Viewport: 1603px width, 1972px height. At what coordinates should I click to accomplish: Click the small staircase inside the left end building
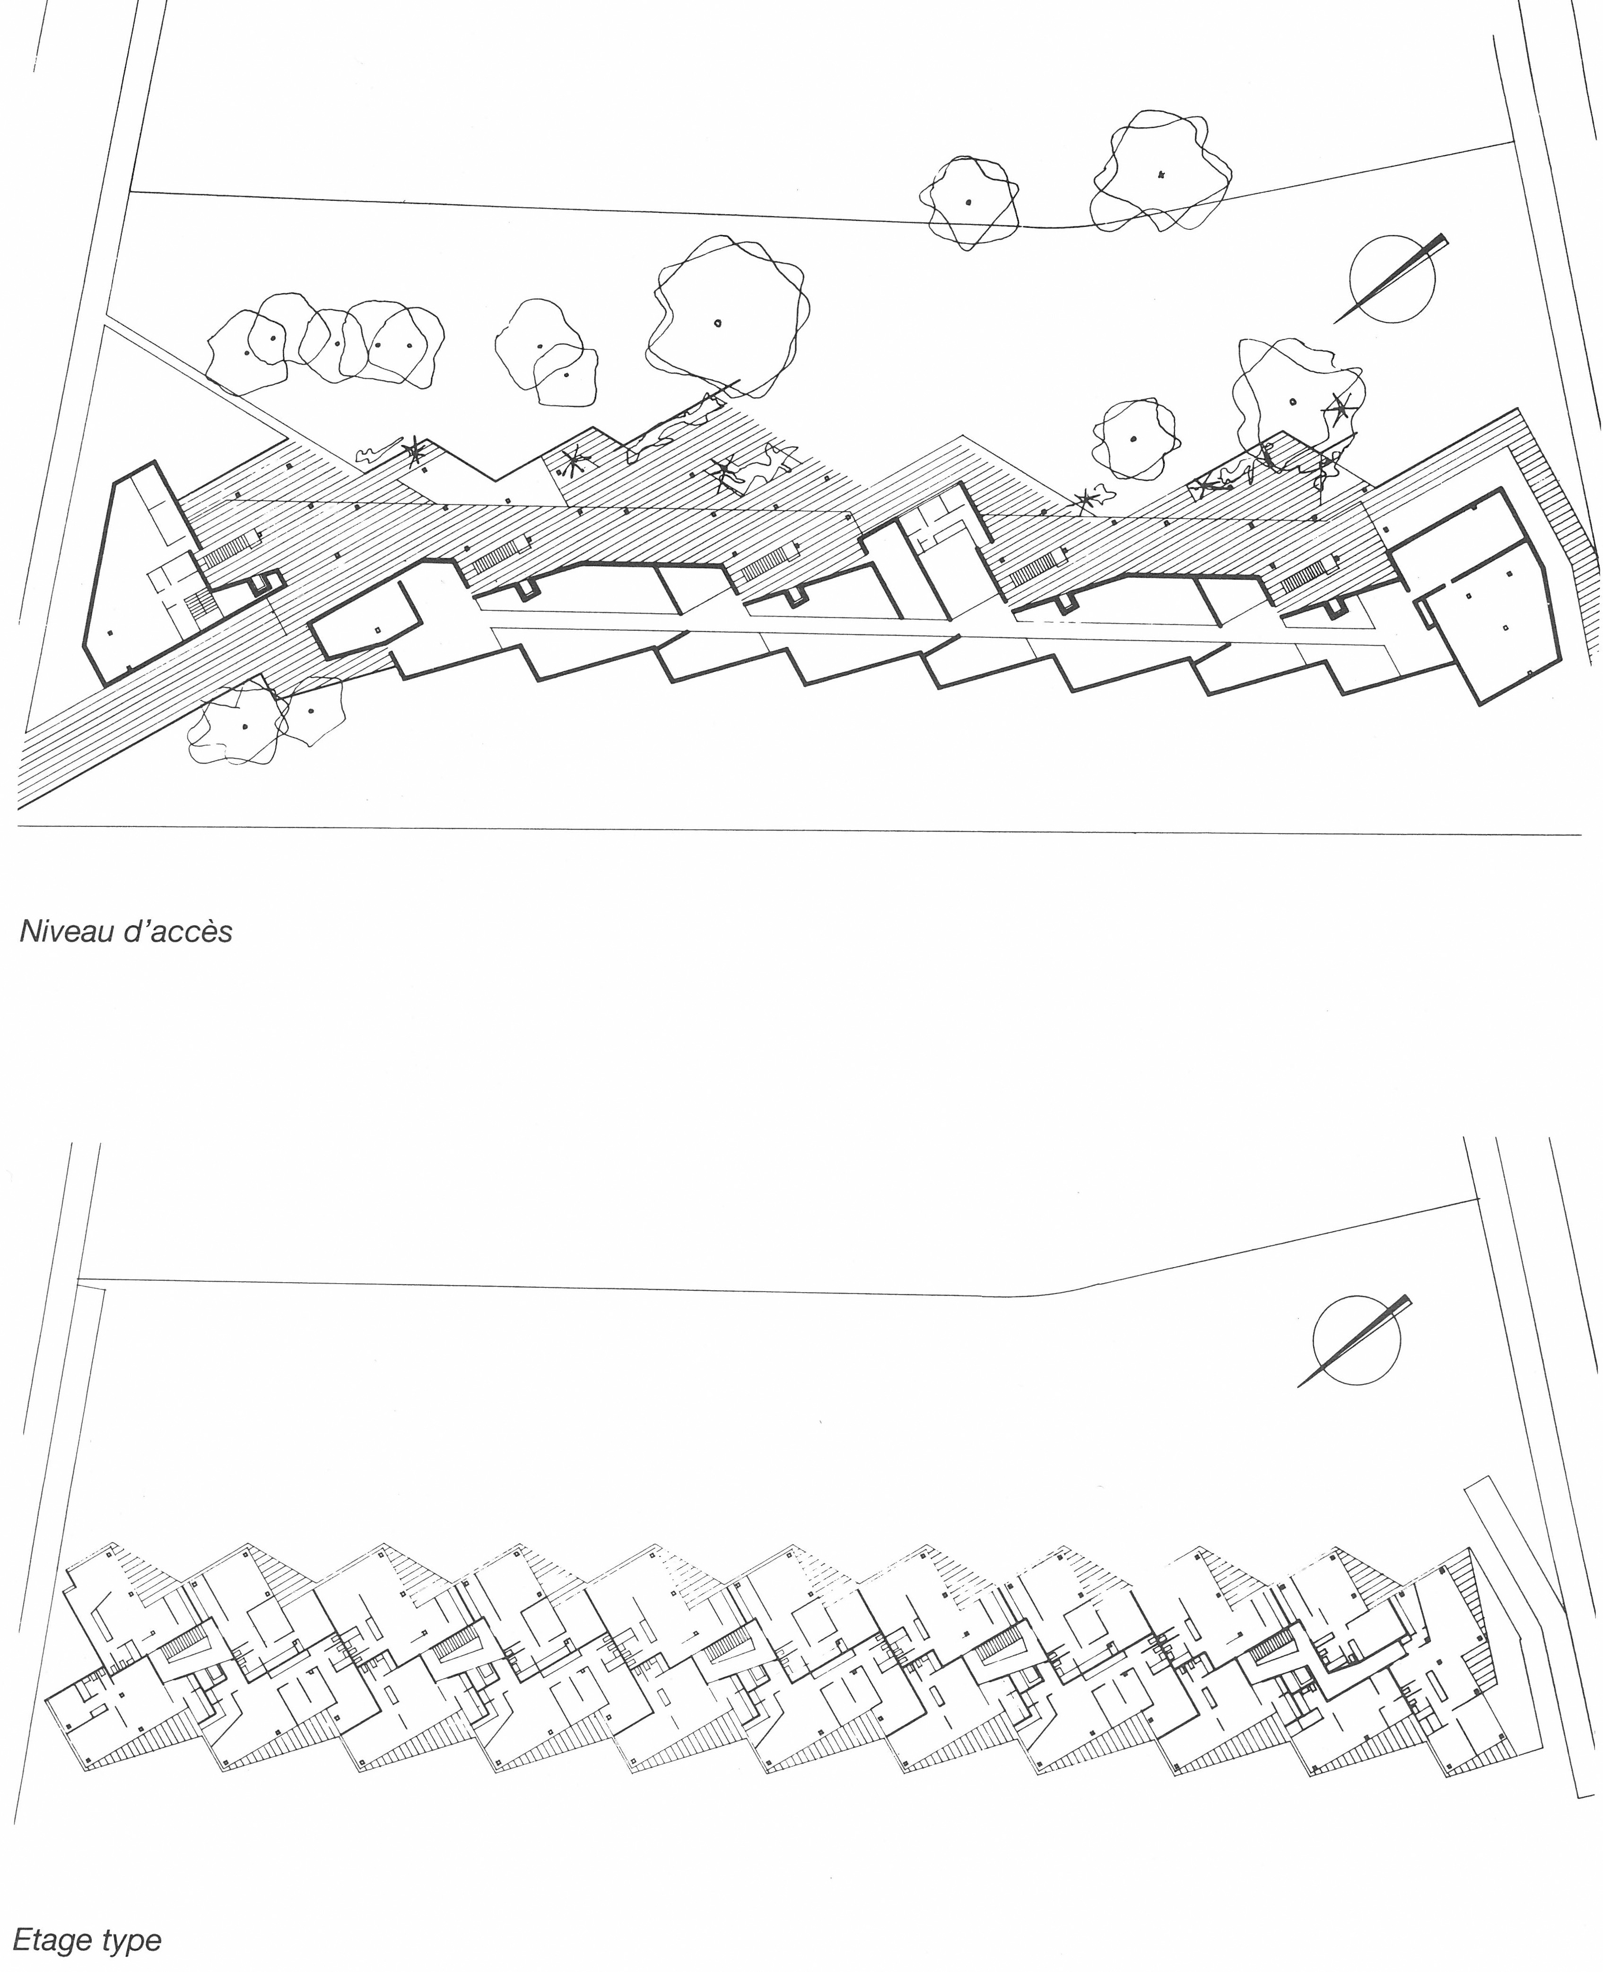point(201,605)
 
